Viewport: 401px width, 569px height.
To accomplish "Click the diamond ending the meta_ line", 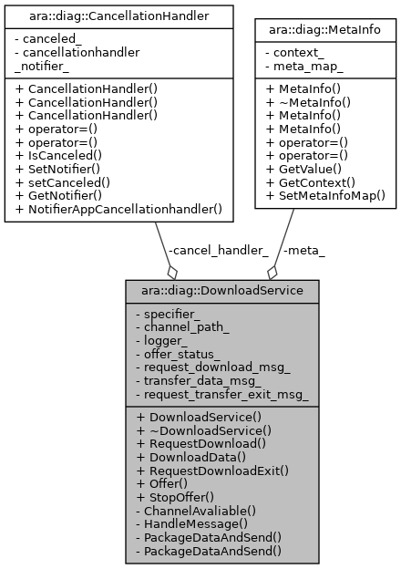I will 272,272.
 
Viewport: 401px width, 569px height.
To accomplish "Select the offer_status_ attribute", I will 184,354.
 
